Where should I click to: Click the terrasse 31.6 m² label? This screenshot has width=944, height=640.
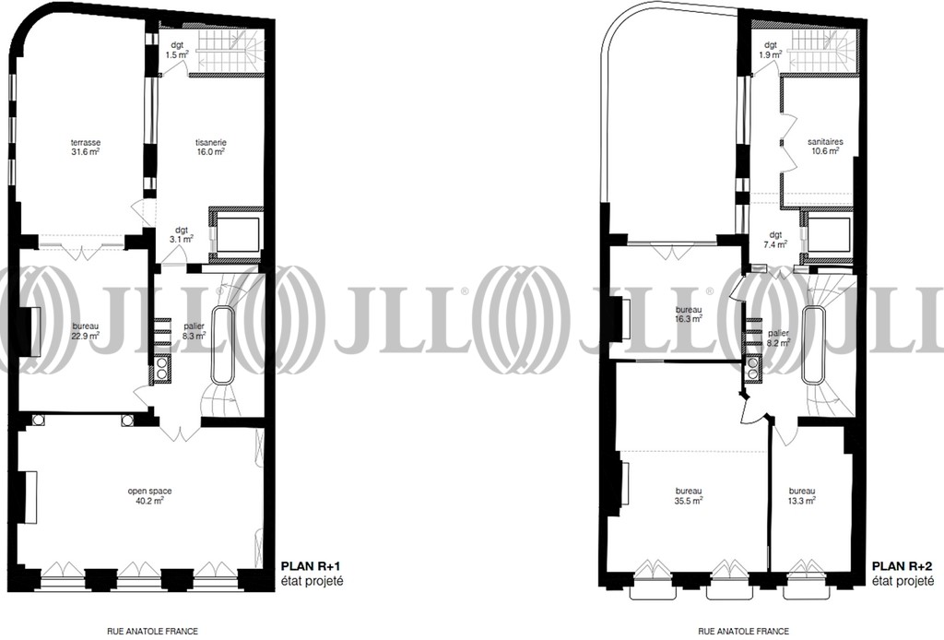pos(85,147)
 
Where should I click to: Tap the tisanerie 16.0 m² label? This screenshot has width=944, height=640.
pos(211,147)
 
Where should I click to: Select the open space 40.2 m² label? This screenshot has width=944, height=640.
pos(149,495)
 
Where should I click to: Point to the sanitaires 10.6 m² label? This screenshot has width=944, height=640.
pos(825,147)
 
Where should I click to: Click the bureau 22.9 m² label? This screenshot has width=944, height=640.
pos(85,331)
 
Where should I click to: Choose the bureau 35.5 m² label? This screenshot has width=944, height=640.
pos(689,495)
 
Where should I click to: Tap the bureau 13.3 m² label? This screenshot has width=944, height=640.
pos(802,495)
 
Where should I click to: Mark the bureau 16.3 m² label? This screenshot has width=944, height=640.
pos(689,314)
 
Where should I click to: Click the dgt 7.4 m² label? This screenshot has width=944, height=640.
pos(775,240)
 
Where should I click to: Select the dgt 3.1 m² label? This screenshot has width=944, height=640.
pos(182,234)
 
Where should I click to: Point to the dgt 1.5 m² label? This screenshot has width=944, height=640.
pos(177,50)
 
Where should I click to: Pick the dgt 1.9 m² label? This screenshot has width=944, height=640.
pos(771,50)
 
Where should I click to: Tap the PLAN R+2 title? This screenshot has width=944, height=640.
pos(903,566)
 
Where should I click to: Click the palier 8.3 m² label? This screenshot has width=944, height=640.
pos(195,331)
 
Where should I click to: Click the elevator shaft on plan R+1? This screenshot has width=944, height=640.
pos(236,235)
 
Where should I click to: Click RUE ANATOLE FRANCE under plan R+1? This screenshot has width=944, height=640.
pos(152,632)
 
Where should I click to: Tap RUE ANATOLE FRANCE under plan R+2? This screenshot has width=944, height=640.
pos(744,632)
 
